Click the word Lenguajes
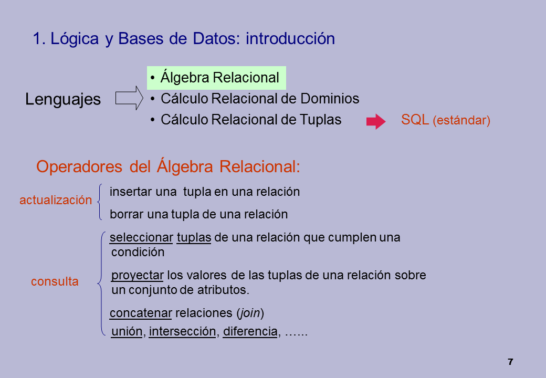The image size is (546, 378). pos(63,100)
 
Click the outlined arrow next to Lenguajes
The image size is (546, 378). pos(129,98)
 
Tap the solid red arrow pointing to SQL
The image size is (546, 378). pos(376,121)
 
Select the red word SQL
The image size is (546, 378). pos(415,120)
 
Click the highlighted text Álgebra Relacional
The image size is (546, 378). pos(220,77)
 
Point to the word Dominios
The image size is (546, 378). pos(330,99)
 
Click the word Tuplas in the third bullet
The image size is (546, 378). pos(320,120)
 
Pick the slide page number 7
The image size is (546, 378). pos(510,362)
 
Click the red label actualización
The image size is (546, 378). pos(56,200)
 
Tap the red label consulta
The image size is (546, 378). pos(55,281)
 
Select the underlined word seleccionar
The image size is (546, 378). pos(141,237)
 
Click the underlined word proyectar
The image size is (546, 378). pos(138,276)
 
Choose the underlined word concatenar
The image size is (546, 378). pos(141,313)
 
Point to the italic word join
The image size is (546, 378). pos(250,313)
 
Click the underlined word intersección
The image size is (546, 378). pos(183,331)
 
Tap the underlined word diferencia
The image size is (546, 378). pos(250,331)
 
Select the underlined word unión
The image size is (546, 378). pos(127,331)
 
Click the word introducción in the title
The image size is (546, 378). pos(290,39)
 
